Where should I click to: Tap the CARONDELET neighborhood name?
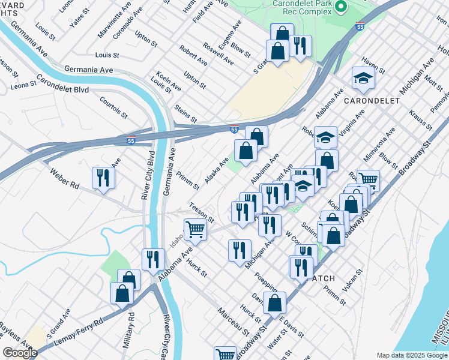372,101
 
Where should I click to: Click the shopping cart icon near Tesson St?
195,229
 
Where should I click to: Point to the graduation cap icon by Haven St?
363,78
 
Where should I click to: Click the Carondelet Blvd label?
62,84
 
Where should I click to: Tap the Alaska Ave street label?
216,170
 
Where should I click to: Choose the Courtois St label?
113,107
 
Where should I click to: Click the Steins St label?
185,113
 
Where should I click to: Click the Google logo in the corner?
19,353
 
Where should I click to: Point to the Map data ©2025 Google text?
411,355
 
